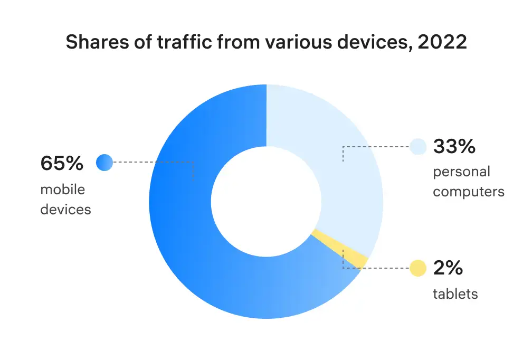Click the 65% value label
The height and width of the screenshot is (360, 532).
tap(62, 163)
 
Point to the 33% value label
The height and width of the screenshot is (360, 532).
tap(454, 146)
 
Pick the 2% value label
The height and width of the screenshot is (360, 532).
tap(448, 268)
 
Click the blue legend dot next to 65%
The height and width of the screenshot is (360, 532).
tap(104, 163)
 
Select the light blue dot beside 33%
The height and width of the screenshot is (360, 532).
tap(419, 147)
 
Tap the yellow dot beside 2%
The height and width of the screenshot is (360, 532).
tap(418, 268)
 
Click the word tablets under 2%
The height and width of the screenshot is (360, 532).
tap(455, 293)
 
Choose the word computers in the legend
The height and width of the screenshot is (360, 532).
tap(469, 192)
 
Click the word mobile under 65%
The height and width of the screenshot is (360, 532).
tap(62, 189)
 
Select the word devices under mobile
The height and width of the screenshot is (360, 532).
tap(65, 210)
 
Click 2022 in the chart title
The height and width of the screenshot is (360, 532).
tap(442, 42)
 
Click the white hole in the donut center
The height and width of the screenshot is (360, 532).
tap(267, 201)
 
